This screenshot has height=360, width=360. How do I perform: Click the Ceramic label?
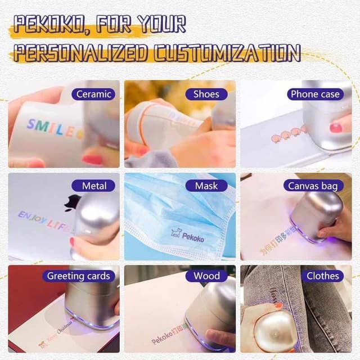click(x=93, y=94)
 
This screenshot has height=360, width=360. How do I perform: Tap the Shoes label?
click(x=206, y=94)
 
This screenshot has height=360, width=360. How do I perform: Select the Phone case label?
click(x=314, y=94)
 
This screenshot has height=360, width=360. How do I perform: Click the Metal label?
click(x=93, y=185)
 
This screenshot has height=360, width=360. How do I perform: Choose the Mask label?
click(x=206, y=185)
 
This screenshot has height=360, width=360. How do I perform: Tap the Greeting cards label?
click(x=78, y=276)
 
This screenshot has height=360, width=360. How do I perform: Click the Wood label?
click(x=206, y=276)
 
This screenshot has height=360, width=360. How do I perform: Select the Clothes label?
click(x=322, y=276)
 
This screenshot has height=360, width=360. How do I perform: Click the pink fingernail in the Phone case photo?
click(x=336, y=127)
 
